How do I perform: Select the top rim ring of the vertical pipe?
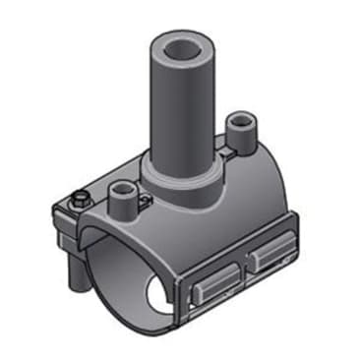pyautogui.click(x=178, y=35)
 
